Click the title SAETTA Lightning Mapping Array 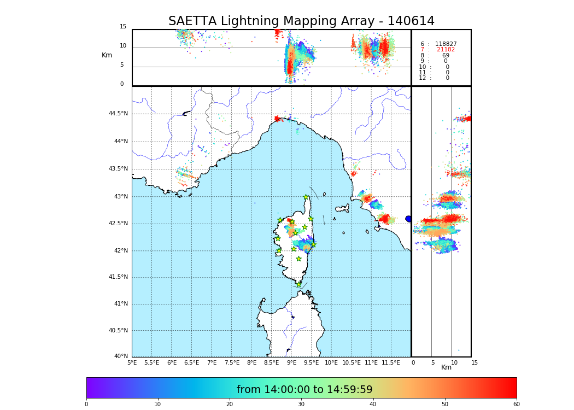click(301, 21)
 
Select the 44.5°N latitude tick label click(118, 114)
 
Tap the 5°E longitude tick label click(132, 362)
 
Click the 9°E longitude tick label click(291, 362)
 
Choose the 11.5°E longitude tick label click(391, 362)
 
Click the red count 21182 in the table click(446, 50)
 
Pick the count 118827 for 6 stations click(446, 44)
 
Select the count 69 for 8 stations click(446, 56)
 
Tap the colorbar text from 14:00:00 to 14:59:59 click(304, 390)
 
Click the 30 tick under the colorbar click(301, 405)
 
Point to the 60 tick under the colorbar click(516, 405)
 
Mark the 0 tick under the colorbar click(86, 405)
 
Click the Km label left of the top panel click(107, 55)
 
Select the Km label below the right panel click(446, 368)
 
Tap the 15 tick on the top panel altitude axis click(123, 27)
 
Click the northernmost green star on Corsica click(306, 197)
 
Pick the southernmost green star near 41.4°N click(298, 284)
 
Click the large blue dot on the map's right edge click(408, 219)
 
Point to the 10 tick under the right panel click(454, 362)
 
